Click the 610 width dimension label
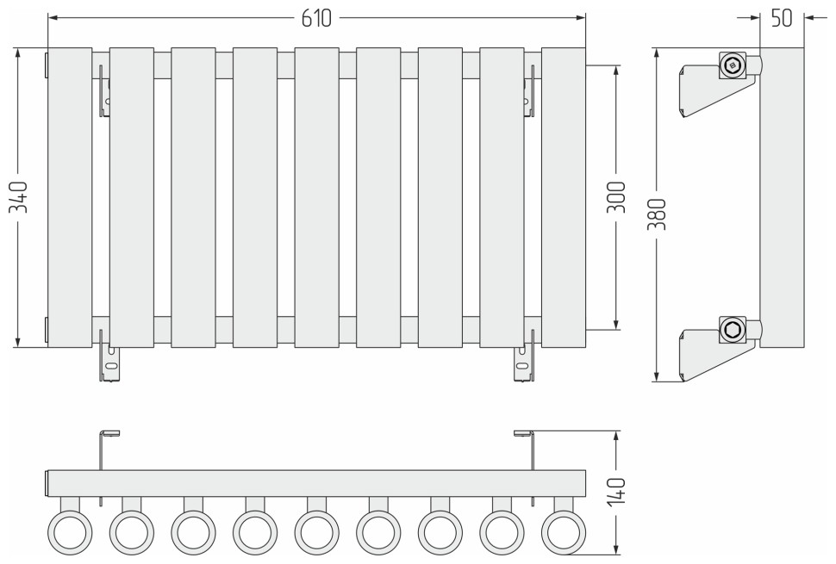[316, 19]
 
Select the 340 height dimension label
[22, 197]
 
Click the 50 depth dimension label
[782, 18]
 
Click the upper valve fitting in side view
[733, 65]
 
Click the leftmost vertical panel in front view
[70, 197]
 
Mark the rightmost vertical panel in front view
[564, 197]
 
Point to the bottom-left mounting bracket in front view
[108, 360]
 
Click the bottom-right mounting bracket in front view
[524, 360]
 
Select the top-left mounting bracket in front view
[104, 90]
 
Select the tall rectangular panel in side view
[782, 197]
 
